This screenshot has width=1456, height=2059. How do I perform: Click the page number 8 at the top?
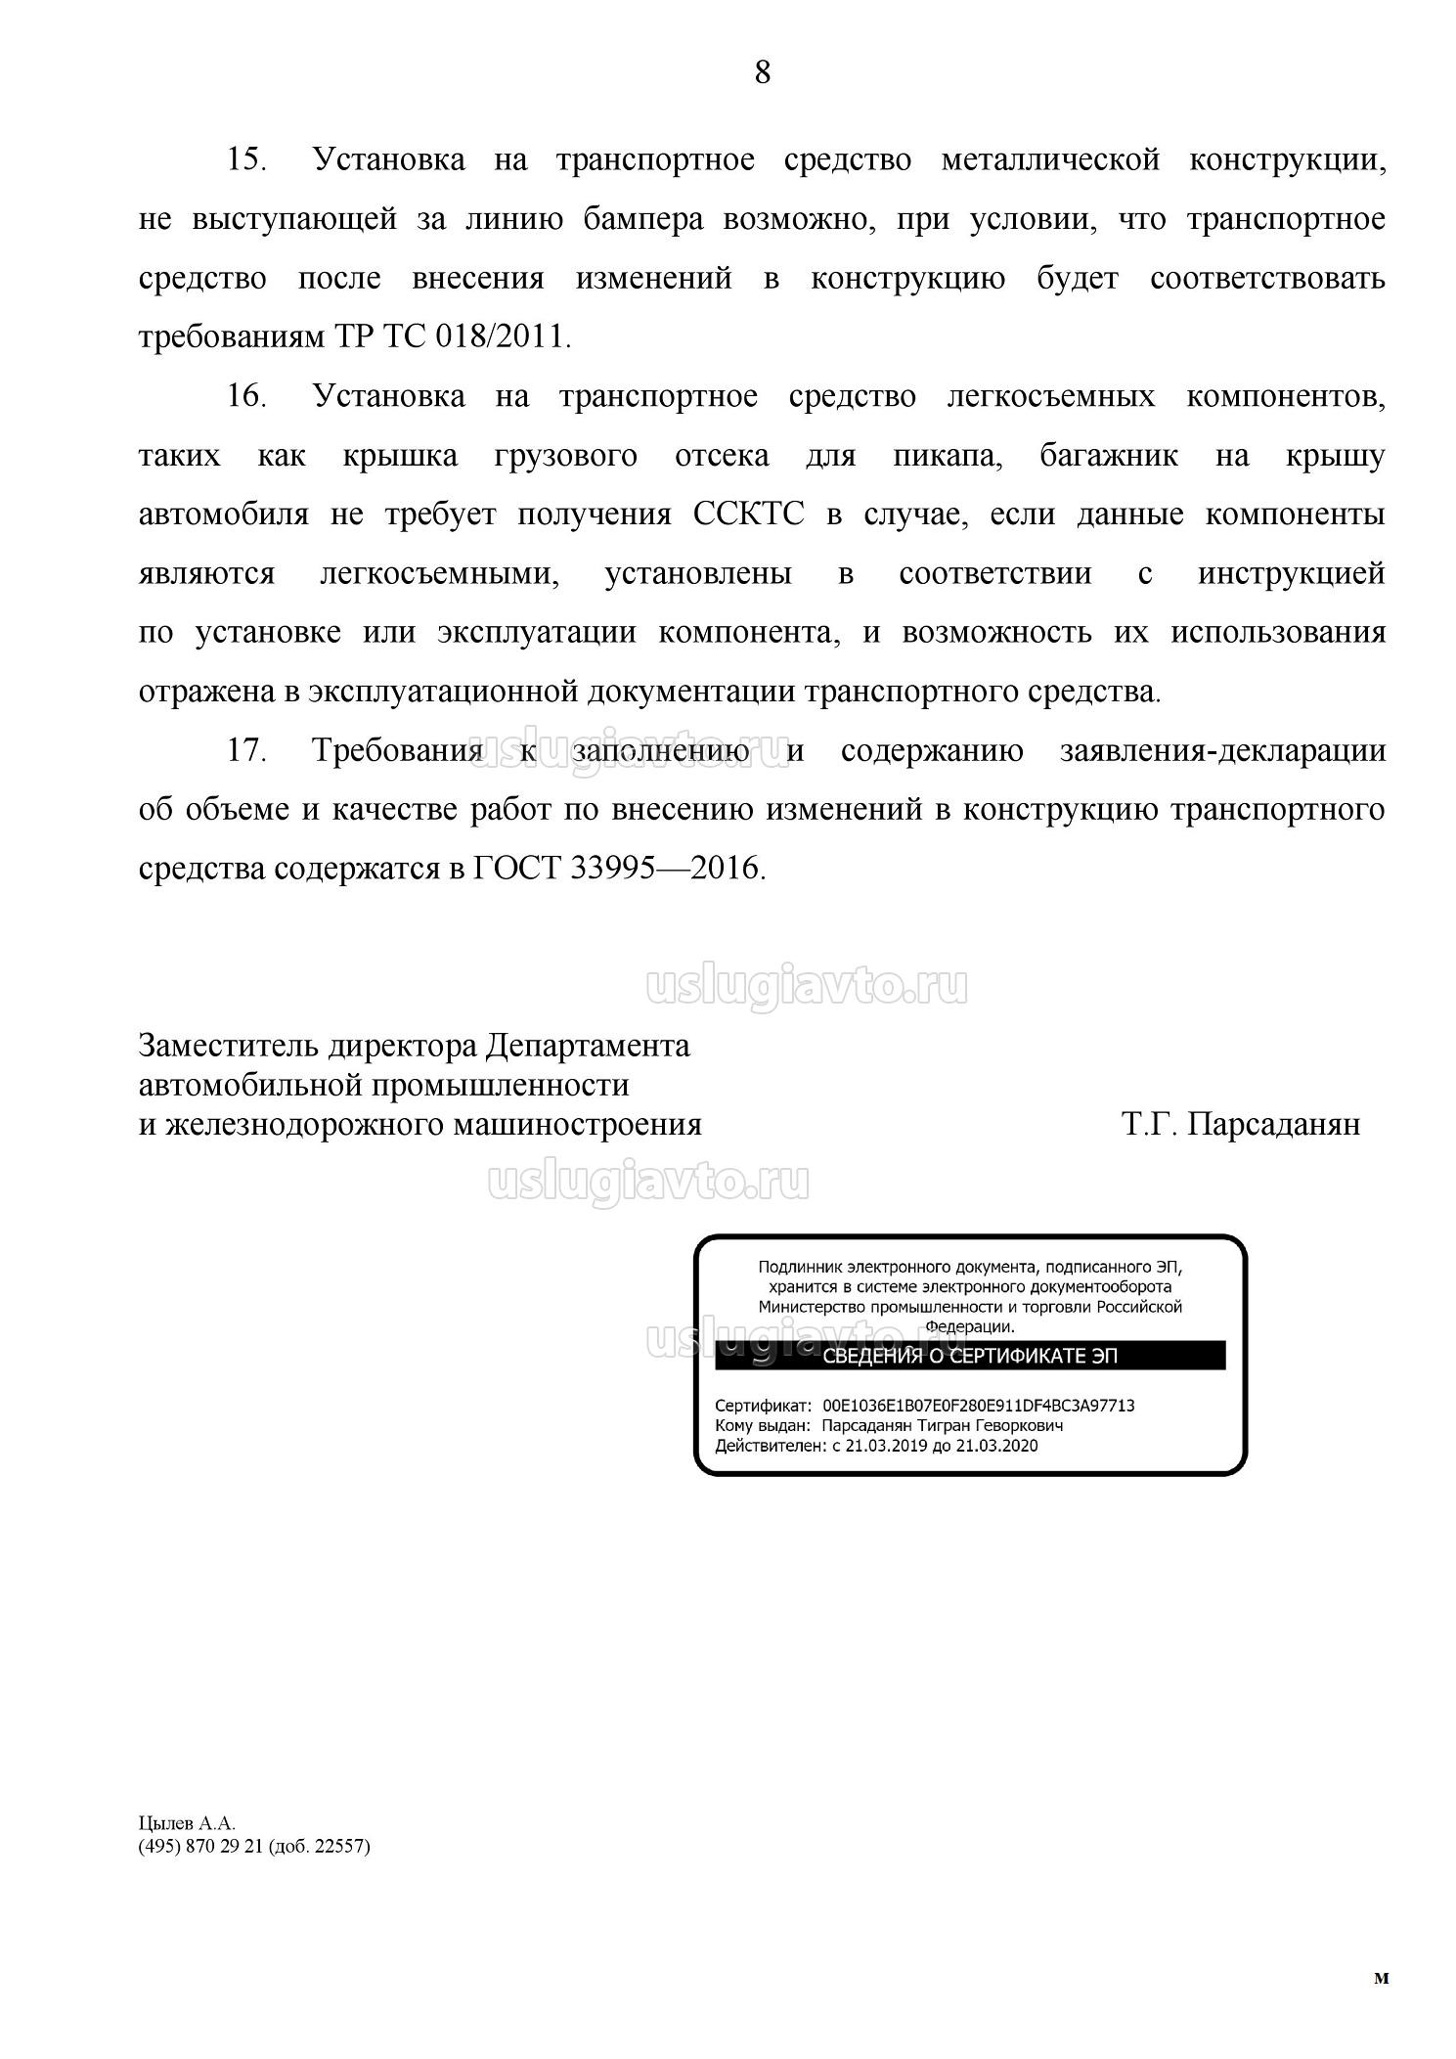[762, 72]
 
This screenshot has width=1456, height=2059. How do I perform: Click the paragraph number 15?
[247, 159]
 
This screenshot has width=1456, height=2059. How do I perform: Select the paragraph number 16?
[247, 396]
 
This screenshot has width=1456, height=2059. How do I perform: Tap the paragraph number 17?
[247, 750]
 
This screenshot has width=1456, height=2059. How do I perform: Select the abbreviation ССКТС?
[748, 515]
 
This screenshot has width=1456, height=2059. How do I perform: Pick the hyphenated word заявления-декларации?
[1222, 750]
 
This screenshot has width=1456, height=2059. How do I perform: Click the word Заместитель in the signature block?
[228, 1046]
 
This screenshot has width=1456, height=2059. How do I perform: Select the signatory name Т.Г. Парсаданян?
[1240, 1124]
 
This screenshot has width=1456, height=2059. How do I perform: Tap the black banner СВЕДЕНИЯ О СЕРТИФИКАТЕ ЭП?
[969, 1356]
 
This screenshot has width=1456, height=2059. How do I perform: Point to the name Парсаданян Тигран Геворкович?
[942, 1425]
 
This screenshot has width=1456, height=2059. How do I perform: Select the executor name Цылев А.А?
[187, 1823]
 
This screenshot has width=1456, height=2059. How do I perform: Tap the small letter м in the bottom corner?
[1381, 1978]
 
